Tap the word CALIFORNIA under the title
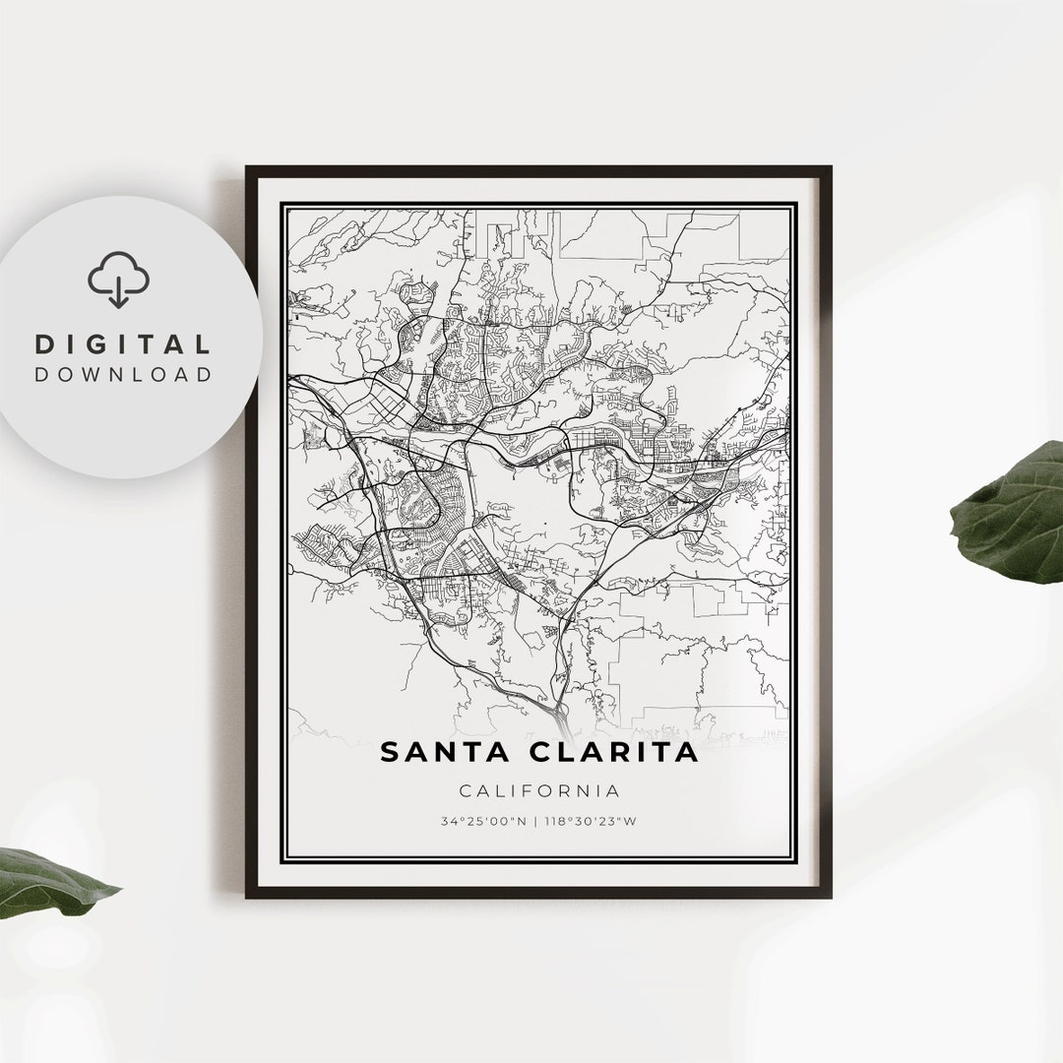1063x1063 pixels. tap(538, 790)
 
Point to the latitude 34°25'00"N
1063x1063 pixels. tap(483, 821)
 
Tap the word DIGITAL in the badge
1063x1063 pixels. tap(123, 344)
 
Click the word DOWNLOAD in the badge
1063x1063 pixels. tap(123, 374)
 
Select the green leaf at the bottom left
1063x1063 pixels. tap(49, 881)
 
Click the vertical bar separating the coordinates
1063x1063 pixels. tap(535, 821)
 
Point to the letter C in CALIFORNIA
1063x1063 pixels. tap(464, 790)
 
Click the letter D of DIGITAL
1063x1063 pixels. tap(44, 344)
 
